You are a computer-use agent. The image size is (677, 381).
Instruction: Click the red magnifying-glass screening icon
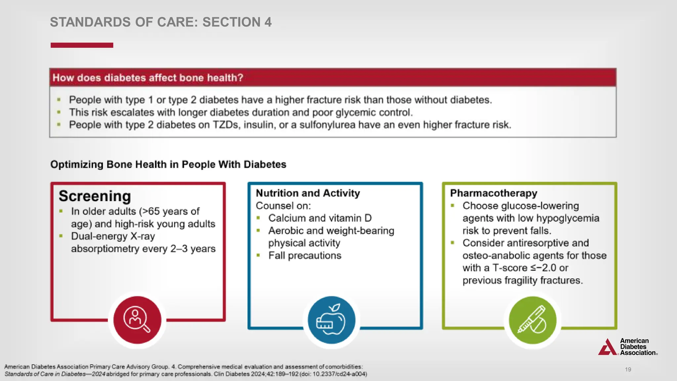(137, 319)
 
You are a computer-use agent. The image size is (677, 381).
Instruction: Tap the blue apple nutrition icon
(331, 319)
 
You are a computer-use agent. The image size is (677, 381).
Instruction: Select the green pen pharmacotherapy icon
(532, 319)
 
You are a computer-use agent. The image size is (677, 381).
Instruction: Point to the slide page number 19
(628, 369)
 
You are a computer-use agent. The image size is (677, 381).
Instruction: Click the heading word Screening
(95, 196)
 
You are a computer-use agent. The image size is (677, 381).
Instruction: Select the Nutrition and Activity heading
(308, 193)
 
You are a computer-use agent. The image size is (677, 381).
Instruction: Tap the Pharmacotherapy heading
(494, 193)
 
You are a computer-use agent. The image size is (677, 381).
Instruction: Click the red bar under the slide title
(82, 45)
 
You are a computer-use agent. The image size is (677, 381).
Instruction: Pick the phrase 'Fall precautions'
(304, 256)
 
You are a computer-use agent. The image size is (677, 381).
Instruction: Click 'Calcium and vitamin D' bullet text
(320, 218)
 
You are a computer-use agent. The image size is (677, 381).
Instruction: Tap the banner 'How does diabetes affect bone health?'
(148, 78)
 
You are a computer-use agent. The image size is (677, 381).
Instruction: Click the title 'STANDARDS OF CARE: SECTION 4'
(161, 22)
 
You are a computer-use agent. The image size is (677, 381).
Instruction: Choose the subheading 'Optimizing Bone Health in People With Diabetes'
(168, 164)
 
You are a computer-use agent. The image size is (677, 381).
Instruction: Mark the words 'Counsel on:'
(283, 206)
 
